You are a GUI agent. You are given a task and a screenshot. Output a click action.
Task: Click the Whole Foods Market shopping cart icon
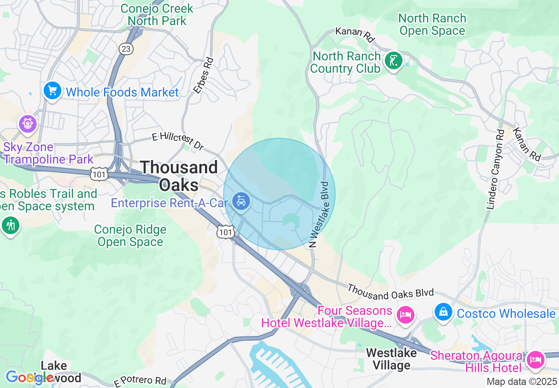52,91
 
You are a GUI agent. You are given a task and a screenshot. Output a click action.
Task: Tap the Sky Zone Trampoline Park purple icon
28,123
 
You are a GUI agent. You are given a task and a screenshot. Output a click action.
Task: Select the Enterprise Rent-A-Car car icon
241,202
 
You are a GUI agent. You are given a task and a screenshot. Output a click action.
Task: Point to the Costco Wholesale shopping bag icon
443,312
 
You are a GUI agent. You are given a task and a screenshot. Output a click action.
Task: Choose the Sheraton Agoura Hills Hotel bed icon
535,359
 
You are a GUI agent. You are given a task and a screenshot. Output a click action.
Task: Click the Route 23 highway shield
126,49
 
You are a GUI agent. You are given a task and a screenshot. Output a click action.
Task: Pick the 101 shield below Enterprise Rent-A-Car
225,231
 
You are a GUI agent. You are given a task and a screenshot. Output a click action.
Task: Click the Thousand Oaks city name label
179,175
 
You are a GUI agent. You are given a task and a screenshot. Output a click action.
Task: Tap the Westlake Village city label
391,359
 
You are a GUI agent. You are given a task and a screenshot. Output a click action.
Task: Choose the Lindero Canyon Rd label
495,169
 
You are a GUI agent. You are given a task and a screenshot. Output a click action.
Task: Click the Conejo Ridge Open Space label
130,235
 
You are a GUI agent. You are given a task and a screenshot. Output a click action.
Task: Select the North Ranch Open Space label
432,24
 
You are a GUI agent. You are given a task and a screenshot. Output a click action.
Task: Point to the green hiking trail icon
11,225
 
